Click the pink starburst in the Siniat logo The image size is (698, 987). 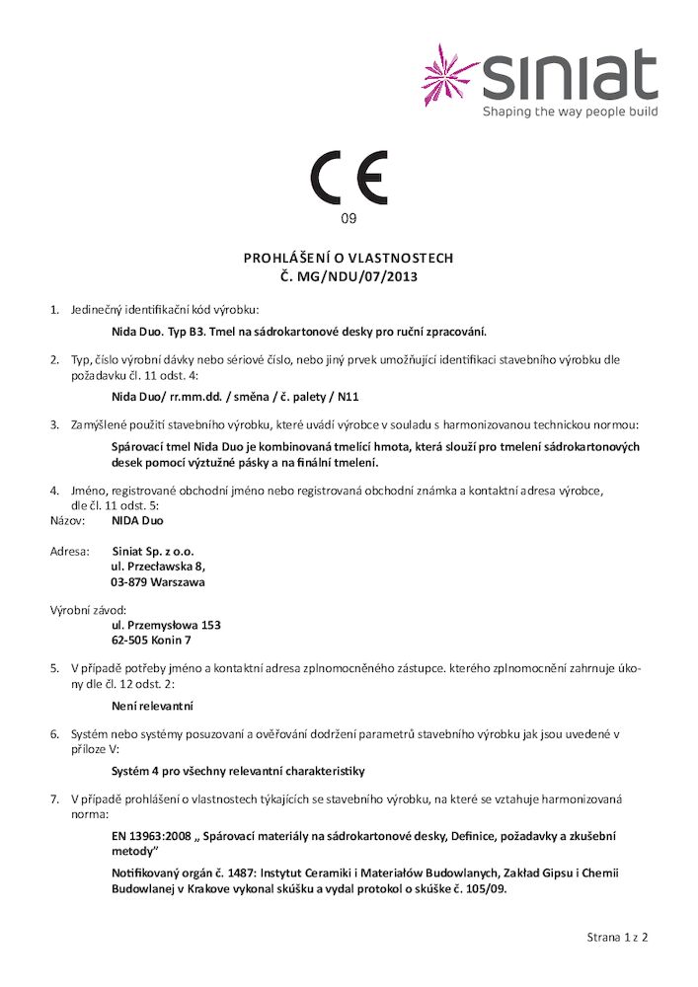point(451,74)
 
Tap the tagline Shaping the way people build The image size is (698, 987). point(570,113)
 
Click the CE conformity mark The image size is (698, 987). point(349,178)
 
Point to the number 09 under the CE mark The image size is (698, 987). point(349,218)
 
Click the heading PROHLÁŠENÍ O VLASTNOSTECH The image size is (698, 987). point(349,258)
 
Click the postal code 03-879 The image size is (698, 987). point(128,582)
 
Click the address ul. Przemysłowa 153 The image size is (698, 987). point(166,625)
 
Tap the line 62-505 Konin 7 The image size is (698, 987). point(151,641)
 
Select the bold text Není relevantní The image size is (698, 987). point(152,706)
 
